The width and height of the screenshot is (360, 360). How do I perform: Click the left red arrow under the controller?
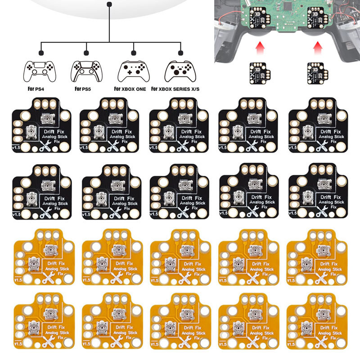coord(260,46)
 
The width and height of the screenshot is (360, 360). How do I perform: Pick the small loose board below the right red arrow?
coord(317,72)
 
